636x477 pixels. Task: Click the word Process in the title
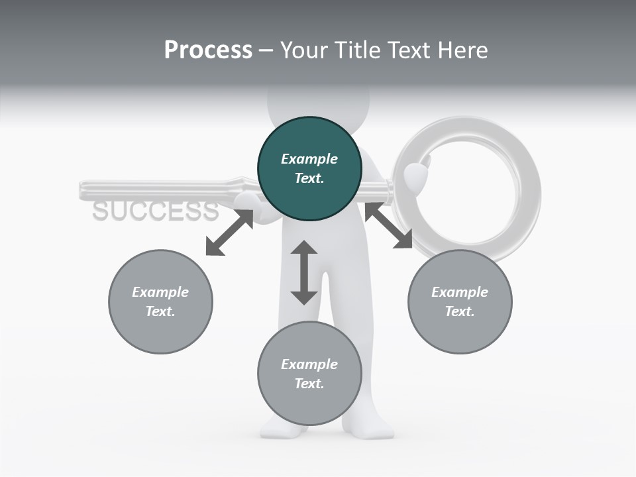[208, 50]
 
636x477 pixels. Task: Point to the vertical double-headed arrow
[304, 272]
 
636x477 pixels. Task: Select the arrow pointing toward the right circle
[388, 226]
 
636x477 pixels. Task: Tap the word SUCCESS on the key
[155, 211]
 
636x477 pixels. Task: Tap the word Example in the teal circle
[309, 159]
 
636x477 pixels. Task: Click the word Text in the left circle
[160, 311]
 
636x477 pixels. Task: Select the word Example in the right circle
[460, 292]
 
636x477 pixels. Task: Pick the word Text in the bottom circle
[309, 384]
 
